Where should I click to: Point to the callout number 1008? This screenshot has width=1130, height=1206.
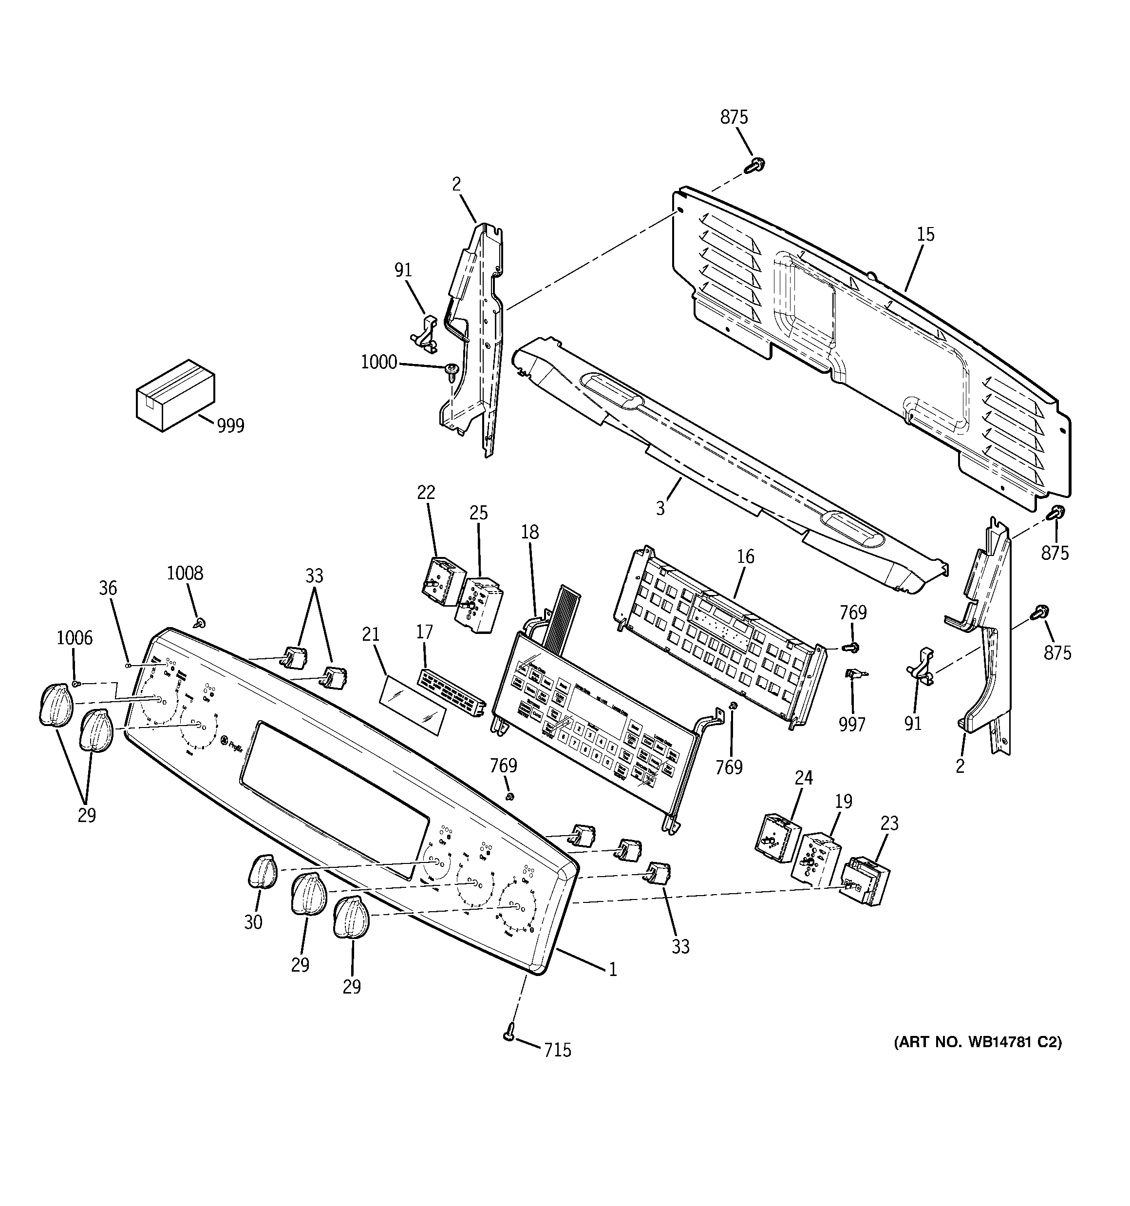(185, 573)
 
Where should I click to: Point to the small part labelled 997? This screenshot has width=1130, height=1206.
(855, 673)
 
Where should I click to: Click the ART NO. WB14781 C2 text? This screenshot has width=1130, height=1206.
(977, 1042)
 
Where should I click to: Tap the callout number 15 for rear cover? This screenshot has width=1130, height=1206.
(925, 234)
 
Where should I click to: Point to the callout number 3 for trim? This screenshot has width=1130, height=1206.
(660, 508)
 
